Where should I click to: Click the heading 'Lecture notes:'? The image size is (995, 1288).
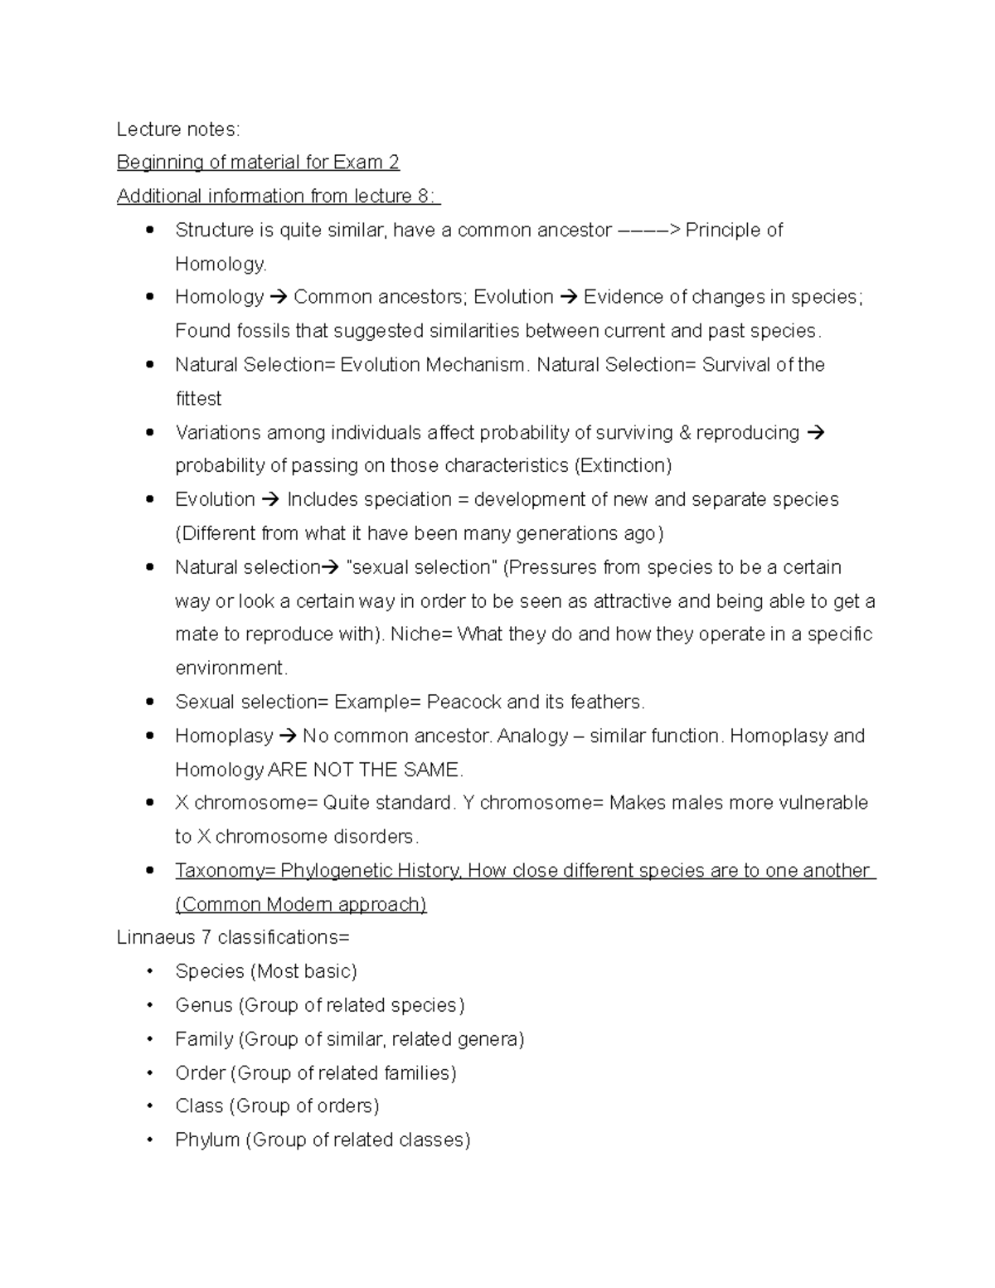point(178,129)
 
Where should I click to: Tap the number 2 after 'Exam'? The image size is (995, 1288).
point(394,163)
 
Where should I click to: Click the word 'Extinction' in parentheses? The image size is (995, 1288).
point(622,466)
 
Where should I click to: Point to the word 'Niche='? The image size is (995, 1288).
point(421,634)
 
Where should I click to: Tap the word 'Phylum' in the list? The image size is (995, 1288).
point(207,1140)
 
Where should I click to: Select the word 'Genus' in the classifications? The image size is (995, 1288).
point(204,1006)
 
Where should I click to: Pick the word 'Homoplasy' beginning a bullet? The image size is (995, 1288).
point(224,736)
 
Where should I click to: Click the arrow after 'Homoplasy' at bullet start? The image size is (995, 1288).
point(288,736)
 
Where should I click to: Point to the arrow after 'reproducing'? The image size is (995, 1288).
point(816,433)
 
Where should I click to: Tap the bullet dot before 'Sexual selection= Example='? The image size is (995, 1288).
point(150,702)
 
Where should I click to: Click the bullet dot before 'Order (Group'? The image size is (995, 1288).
point(150,1073)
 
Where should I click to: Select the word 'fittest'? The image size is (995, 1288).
point(198,399)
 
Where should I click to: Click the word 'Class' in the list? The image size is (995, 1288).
point(199,1106)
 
